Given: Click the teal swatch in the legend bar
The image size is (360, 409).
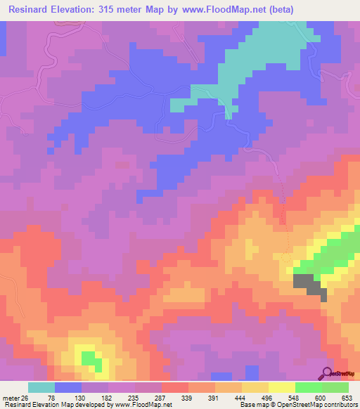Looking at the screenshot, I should pos(41,387).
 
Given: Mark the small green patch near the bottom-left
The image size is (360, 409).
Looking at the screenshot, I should pos(89,358).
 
